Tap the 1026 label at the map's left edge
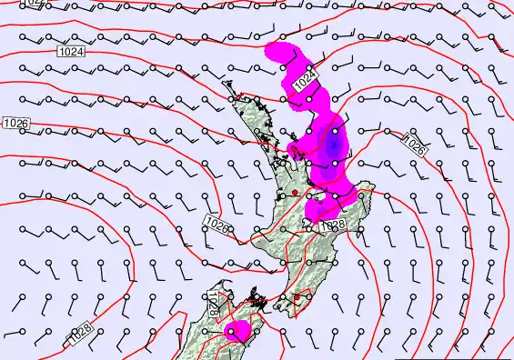coord(15,123)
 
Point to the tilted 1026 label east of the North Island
coord(414,143)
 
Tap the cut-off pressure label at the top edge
coord(33,3)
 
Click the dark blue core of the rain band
coord(334,143)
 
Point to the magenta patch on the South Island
coord(238,332)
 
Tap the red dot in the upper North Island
coord(295,193)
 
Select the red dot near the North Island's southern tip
coord(297,297)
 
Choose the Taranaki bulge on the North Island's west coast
coord(256,239)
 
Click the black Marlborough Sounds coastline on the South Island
coord(258,301)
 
